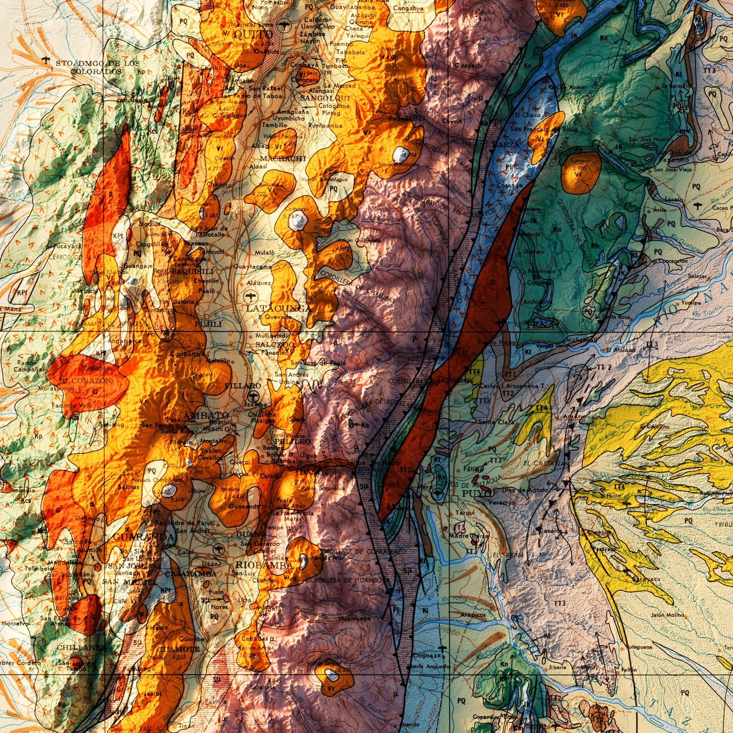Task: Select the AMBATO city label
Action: (206, 415)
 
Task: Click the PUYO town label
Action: (476, 493)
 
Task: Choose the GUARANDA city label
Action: (144, 537)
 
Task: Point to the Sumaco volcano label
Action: (580, 161)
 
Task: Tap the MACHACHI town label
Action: (283, 158)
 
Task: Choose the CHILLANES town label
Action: (81, 647)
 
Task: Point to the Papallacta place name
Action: (405, 119)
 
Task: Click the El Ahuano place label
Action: (621, 350)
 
